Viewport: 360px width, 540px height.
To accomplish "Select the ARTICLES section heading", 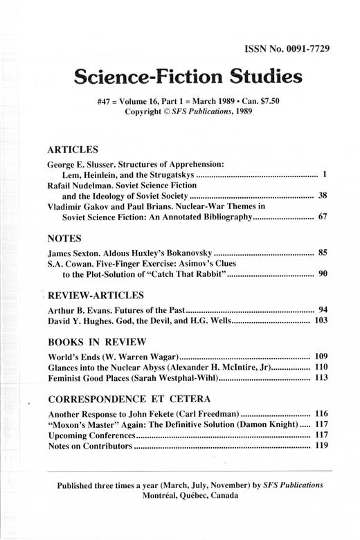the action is pyautogui.click(x=73, y=149).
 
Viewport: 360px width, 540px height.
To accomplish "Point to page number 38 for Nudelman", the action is pyautogui.click(x=322, y=196).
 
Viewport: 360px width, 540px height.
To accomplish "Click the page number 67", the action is pyautogui.click(x=322, y=217).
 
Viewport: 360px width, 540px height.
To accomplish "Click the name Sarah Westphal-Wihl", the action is pyautogui.click(x=179, y=378).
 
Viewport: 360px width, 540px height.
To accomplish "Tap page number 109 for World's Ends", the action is pyautogui.click(x=319, y=357).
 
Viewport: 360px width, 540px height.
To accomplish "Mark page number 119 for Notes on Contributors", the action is pyautogui.click(x=319, y=446).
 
